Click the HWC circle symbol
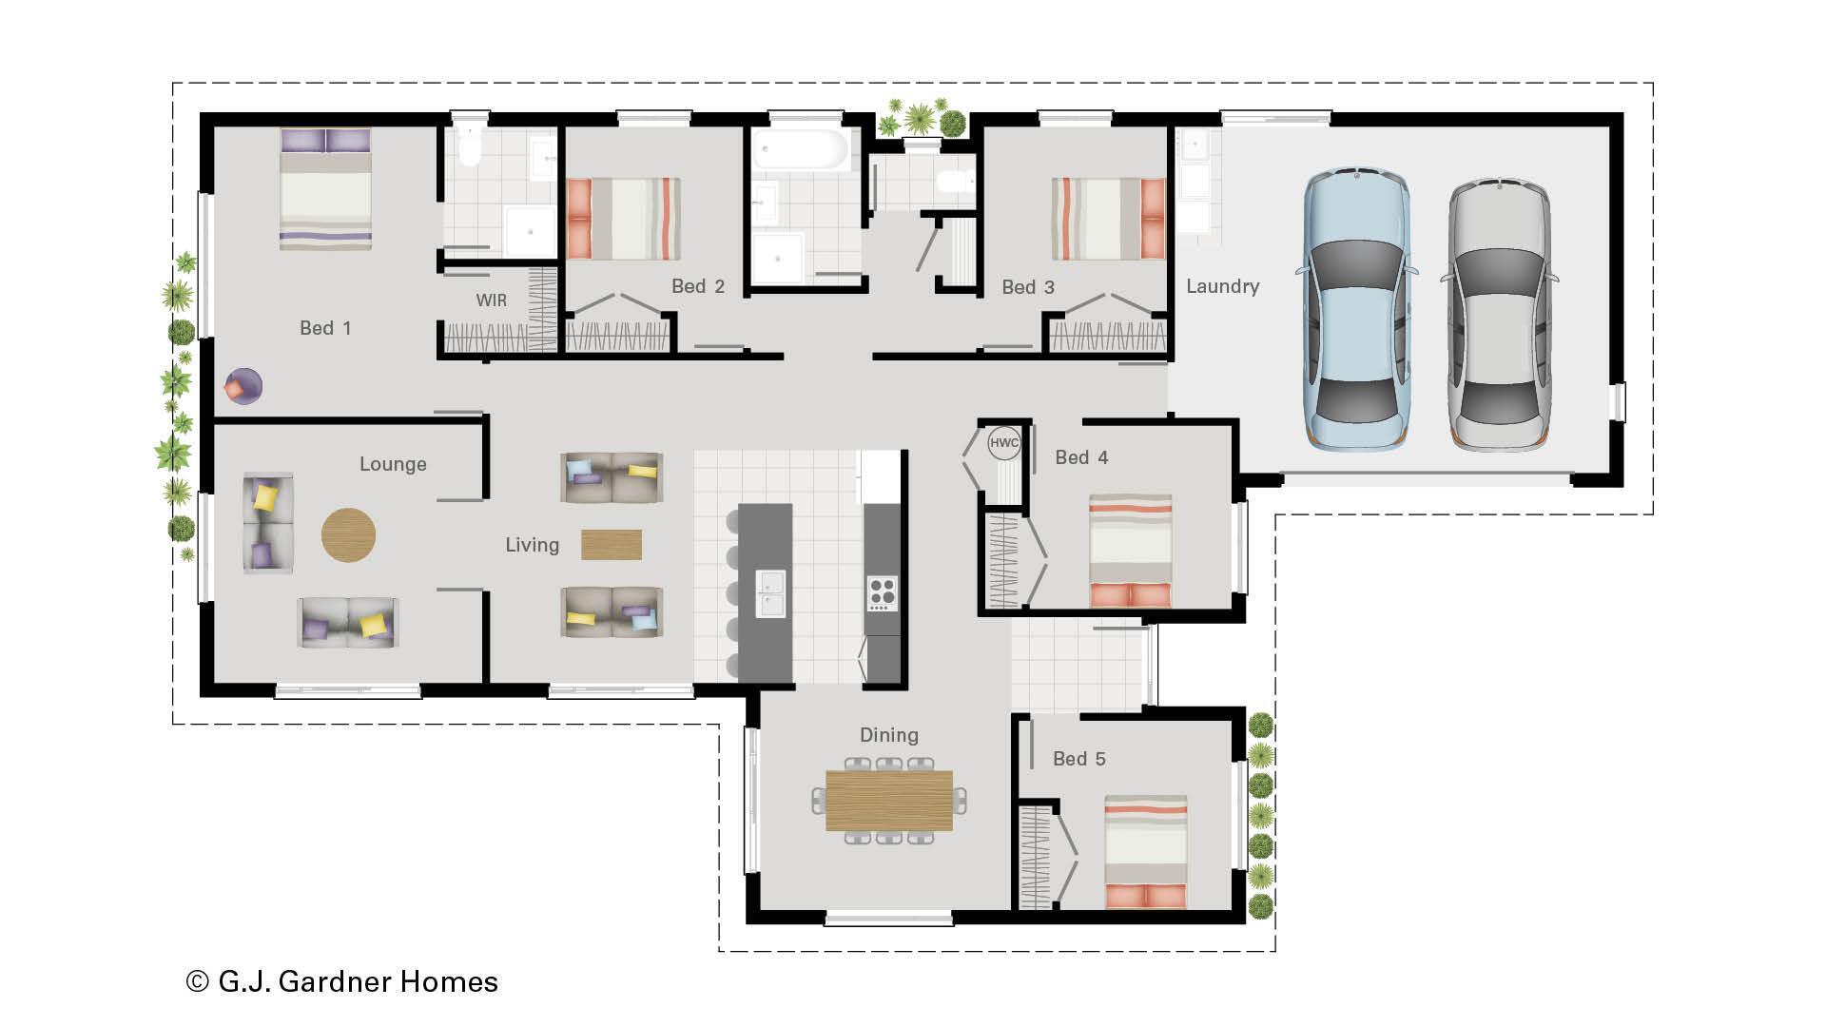(1003, 443)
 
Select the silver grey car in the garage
(1499, 314)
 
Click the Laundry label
(1222, 286)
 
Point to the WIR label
(491, 300)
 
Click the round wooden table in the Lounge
(348, 534)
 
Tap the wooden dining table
(888, 800)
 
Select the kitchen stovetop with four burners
(882, 592)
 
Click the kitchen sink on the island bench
(770, 593)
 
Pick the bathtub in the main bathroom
(800, 150)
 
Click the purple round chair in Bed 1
(243, 386)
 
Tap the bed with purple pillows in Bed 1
(325, 190)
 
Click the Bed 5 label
(1078, 759)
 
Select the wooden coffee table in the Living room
(611, 544)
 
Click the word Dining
(888, 735)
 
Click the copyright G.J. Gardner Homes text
(342, 981)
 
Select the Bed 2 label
(697, 286)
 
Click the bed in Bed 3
(1108, 219)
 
